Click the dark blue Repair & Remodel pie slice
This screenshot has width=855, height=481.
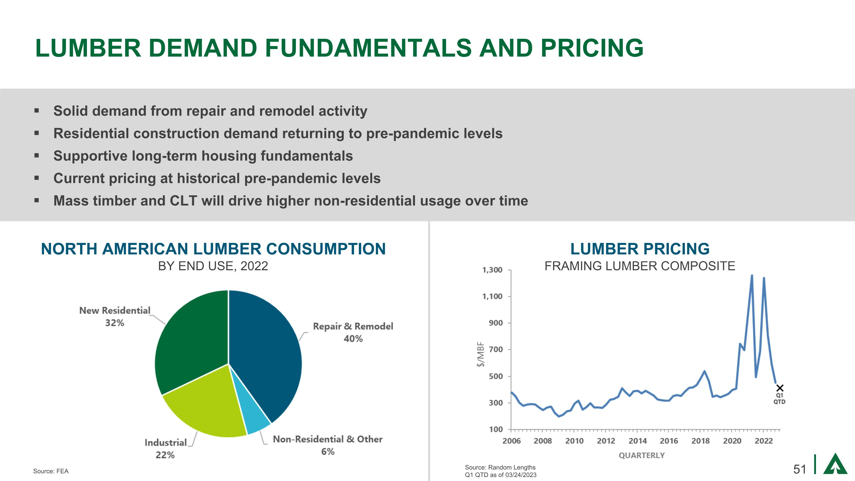click(266, 352)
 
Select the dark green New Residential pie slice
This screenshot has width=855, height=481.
click(192, 342)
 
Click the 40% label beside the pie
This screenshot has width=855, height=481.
click(353, 339)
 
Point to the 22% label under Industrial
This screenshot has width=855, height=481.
click(165, 455)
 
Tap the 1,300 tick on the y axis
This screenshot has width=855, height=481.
click(492, 270)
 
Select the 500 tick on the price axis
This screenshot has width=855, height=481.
click(496, 376)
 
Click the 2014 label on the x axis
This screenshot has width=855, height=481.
click(638, 441)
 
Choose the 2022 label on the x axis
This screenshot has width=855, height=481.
click(764, 441)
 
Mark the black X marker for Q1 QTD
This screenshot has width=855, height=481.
click(780, 388)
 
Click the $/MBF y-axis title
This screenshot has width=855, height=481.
click(480, 354)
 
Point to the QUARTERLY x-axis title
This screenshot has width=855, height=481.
click(642, 455)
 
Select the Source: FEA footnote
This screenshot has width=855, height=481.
click(51, 471)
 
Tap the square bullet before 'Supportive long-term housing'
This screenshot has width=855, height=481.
click(36, 155)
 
